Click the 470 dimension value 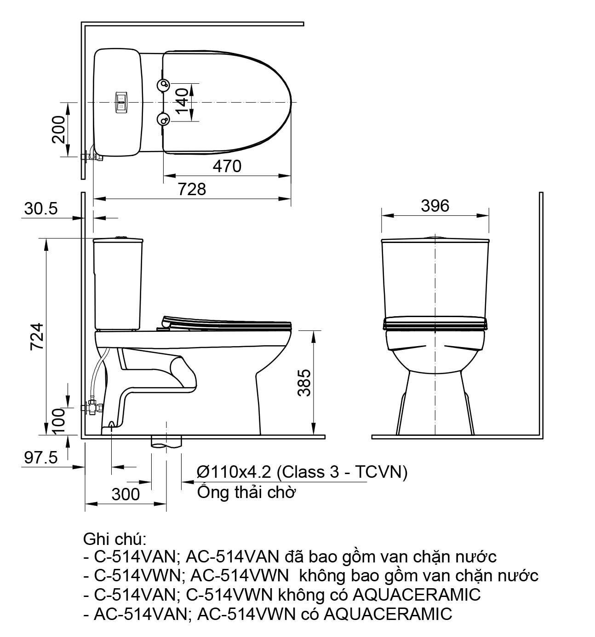[227, 166]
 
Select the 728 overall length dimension [192, 189]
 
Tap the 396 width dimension [435, 206]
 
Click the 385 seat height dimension [304, 382]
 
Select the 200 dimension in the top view [58, 129]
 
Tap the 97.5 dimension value [40, 457]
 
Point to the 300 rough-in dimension [126, 494]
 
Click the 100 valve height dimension [58, 421]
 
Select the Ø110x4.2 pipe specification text [302, 472]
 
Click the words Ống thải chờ [246, 492]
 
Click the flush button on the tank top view [121, 102]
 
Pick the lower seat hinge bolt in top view [163, 120]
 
